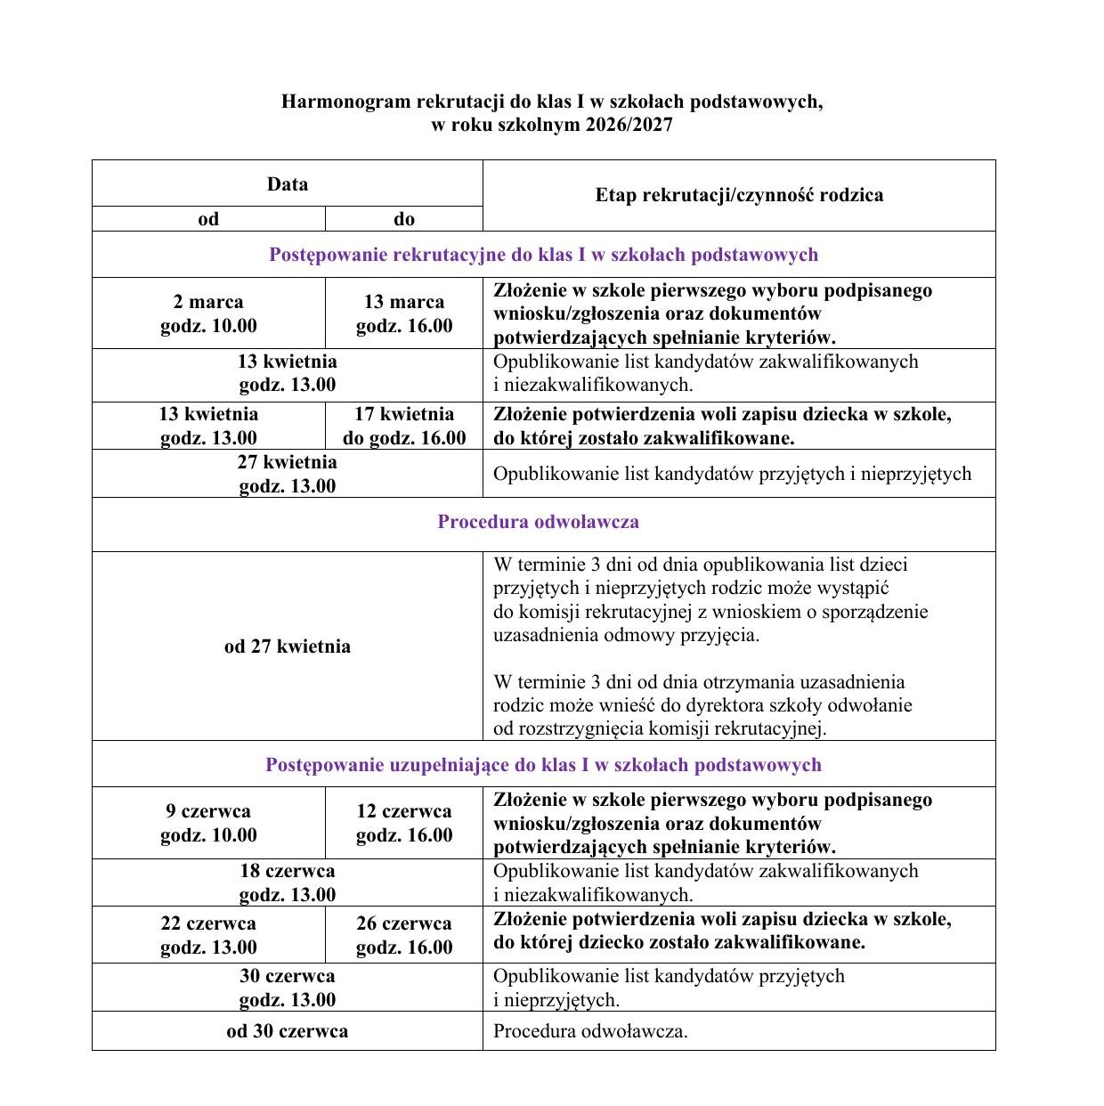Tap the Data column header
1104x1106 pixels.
tap(288, 184)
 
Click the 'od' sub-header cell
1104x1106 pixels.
tap(208, 219)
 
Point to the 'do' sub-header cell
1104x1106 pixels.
tap(404, 219)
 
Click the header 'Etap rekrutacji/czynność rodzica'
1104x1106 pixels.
tap(739, 195)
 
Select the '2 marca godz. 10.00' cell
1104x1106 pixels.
tap(208, 313)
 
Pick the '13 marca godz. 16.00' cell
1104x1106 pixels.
tap(404, 313)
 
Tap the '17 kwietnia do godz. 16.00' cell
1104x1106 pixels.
tap(404, 426)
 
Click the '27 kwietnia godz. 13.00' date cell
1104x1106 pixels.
tap(288, 474)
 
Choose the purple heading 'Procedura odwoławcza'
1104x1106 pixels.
tap(538, 522)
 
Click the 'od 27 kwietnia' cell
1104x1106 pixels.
tap(288, 647)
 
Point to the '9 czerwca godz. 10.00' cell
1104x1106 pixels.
tap(208, 823)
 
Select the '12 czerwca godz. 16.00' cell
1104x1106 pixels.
tap(404, 823)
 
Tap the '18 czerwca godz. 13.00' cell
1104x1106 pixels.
tap(288, 882)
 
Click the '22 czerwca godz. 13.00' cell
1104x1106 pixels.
tap(208, 935)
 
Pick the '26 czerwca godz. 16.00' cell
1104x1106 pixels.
tap(404, 935)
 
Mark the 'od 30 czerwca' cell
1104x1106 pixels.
tap(288, 1031)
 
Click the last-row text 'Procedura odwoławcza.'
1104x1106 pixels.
tap(590, 1031)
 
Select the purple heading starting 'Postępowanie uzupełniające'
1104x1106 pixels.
tap(543, 765)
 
